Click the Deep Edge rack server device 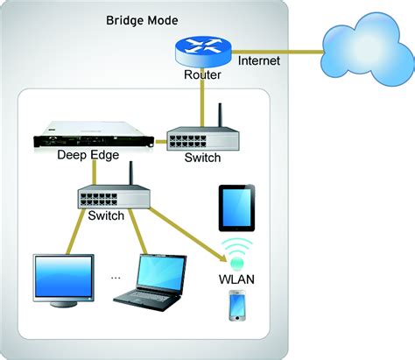pos(96,136)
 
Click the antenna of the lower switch pos(130,171)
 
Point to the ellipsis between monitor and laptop pos(116,277)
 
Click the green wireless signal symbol pos(236,251)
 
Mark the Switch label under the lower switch pos(106,215)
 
